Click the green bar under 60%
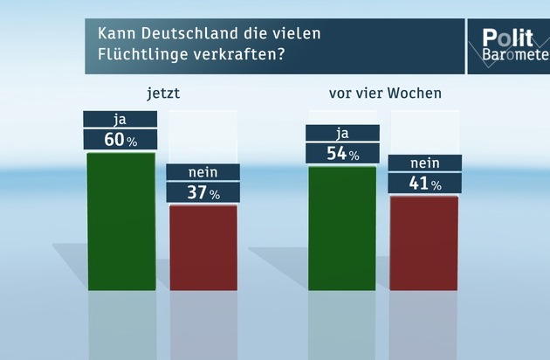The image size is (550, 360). [121, 220]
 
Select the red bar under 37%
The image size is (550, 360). [203, 247]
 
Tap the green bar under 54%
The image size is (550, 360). [342, 227]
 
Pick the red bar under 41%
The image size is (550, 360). [423, 243]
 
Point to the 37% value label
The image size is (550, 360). [203, 192]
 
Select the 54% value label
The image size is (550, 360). [342, 154]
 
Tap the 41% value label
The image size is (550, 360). [423, 183]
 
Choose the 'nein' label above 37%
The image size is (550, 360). [203, 171]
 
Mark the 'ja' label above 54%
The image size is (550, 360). [342, 134]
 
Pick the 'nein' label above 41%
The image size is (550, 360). [423, 163]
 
